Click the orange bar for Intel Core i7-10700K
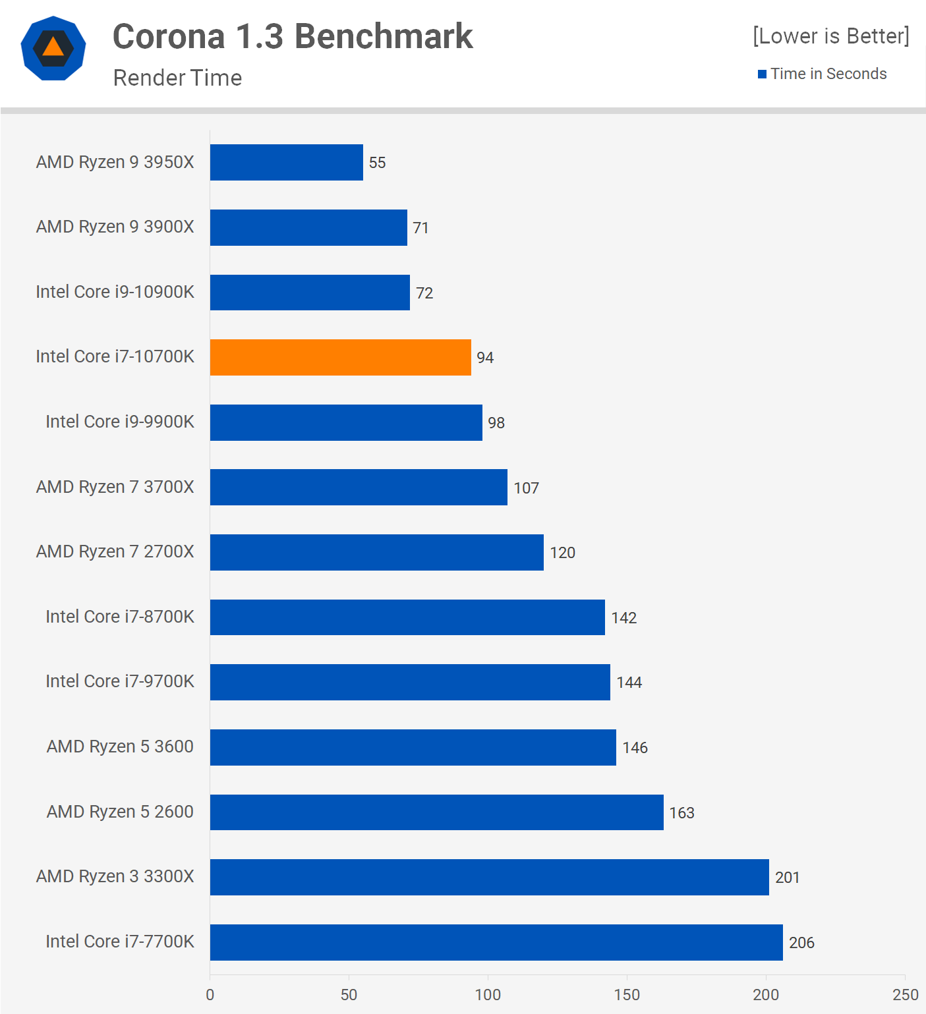point(340,357)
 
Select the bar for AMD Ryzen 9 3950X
point(286,162)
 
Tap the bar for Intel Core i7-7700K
point(496,942)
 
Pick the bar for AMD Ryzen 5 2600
point(436,812)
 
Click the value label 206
point(801,943)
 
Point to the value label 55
point(377,163)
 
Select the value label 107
point(526,488)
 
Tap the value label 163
point(681,813)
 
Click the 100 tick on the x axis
point(488,995)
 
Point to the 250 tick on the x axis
point(905,995)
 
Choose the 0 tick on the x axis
point(210,995)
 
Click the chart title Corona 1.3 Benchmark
point(293,36)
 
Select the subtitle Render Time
point(177,78)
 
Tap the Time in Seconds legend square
point(762,74)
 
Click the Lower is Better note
point(830,36)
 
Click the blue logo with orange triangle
point(53,48)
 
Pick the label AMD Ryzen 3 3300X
point(115,876)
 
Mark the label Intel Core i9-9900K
point(119,422)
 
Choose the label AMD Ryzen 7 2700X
point(115,551)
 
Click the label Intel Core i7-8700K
point(119,617)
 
